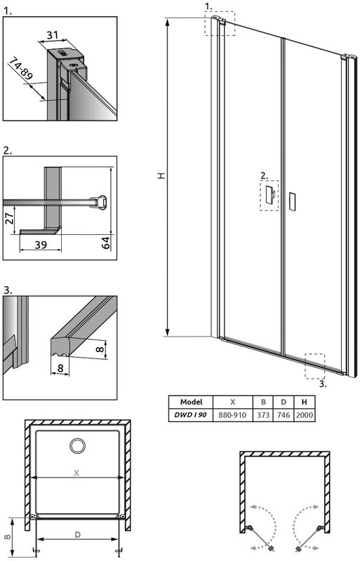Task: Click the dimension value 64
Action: (x=105, y=243)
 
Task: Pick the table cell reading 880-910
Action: (x=232, y=415)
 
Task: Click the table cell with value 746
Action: (x=283, y=415)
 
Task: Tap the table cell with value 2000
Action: (x=305, y=415)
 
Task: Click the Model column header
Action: (x=192, y=403)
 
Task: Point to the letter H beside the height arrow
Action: (x=161, y=178)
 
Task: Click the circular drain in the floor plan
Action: (x=76, y=445)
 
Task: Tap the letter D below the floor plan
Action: (x=77, y=534)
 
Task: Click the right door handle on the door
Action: (x=293, y=200)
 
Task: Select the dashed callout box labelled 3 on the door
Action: (x=315, y=365)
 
